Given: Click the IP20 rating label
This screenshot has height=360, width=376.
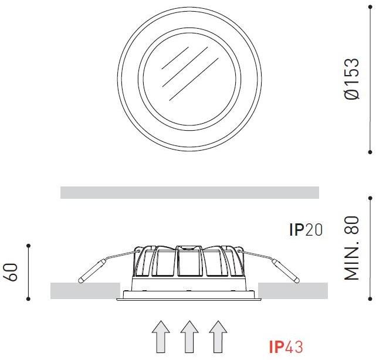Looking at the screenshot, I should [x=306, y=229].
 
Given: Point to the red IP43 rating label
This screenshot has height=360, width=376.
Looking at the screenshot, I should [x=286, y=347].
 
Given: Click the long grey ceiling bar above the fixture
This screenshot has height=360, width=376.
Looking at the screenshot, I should [x=189, y=192].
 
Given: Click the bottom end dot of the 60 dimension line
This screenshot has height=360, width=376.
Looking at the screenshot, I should [x=28, y=299].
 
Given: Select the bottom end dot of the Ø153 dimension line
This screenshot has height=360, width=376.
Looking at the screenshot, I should [x=371, y=151].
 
